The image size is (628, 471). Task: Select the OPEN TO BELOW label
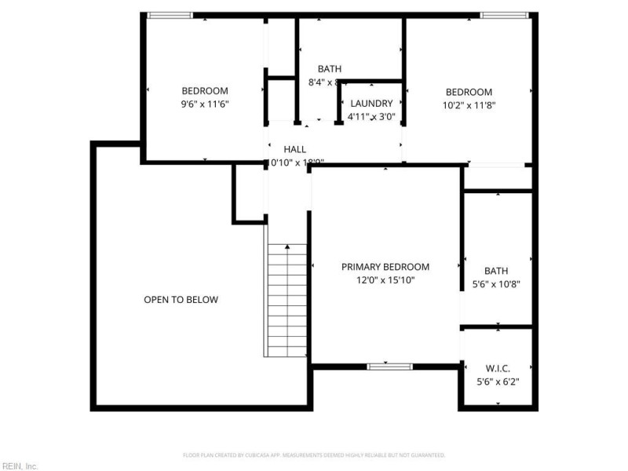point(181,300)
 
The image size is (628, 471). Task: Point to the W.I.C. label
point(498,368)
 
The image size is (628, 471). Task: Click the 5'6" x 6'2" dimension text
point(498,382)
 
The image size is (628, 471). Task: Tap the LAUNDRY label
point(371,104)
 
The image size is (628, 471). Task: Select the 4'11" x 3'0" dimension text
point(371,117)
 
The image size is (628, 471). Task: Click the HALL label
point(295,149)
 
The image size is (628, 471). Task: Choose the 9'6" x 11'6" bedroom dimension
point(205,104)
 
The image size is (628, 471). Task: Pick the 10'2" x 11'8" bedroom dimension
point(469,104)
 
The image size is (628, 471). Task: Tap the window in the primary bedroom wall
point(390,366)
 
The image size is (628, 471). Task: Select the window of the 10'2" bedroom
point(504,15)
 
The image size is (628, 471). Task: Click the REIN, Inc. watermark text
point(20,466)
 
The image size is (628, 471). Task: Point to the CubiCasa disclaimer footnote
point(314,455)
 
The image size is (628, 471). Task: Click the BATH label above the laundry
point(329,69)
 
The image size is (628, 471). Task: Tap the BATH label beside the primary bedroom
point(496,272)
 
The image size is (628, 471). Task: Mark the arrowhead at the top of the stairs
point(287,247)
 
